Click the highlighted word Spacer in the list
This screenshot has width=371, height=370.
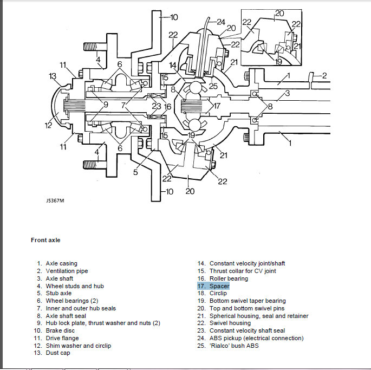[219, 286]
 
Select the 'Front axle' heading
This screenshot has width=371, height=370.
[45, 240]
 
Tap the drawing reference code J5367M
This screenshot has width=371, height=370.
[55, 200]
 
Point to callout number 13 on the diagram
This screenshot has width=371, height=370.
[53, 76]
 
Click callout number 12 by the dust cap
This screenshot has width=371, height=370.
[48, 126]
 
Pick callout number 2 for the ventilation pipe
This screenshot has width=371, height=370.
[324, 75]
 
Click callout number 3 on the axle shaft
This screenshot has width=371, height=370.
[287, 94]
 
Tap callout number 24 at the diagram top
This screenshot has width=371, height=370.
[220, 22]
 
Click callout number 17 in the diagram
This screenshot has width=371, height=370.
[217, 106]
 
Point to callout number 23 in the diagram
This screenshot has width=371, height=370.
[157, 106]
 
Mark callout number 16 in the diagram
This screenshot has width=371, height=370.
[168, 106]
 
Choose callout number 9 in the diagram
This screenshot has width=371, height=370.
[105, 105]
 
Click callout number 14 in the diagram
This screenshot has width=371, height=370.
[172, 66]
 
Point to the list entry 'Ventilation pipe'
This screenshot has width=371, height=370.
[67, 271]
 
